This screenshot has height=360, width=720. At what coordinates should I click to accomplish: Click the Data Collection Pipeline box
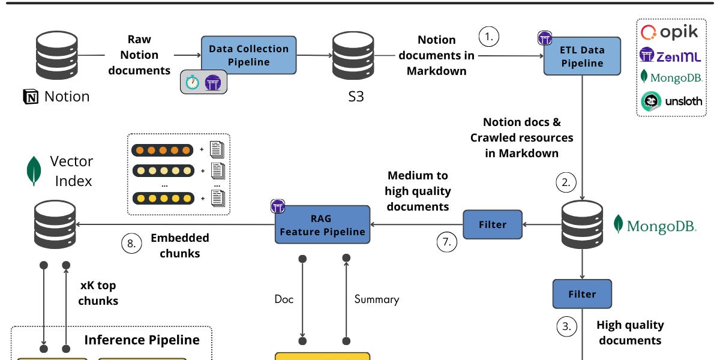click(x=249, y=55)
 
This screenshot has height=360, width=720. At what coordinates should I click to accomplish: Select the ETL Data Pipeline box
click(x=582, y=56)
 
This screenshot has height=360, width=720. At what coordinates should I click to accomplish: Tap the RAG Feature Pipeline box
click(x=322, y=224)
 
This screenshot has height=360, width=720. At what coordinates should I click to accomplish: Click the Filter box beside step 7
click(x=493, y=224)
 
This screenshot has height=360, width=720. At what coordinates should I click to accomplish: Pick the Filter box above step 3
click(x=582, y=294)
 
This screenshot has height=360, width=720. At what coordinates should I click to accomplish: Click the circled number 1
click(x=488, y=37)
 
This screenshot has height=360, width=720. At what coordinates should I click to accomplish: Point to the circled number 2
click(x=566, y=182)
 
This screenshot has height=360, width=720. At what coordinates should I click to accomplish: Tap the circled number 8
click(x=131, y=244)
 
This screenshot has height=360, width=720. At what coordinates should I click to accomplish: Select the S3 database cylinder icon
click(x=353, y=55)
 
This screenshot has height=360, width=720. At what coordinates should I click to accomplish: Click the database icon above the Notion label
click(x=57, y=55)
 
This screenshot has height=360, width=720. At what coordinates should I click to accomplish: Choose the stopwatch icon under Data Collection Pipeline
click(x=192, y=82)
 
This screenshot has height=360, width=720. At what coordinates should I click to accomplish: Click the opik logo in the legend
click(x=669, y=32)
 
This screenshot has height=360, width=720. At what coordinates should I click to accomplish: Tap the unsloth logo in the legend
click(x=671, y=101)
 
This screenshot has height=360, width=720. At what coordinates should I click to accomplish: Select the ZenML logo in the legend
click(x=670, y=55)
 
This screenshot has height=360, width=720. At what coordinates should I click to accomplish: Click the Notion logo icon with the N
click(x=31, y=97)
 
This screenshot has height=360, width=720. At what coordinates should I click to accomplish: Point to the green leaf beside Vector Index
click(x=34, y=170)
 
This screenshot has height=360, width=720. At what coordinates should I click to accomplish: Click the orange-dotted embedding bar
click(x=163, y=150)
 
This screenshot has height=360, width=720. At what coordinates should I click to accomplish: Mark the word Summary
click(x=377, y=299)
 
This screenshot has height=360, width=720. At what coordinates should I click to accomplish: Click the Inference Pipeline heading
click(x=142, y=340)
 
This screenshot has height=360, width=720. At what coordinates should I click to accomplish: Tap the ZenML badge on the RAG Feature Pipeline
click(x=278, y=206)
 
